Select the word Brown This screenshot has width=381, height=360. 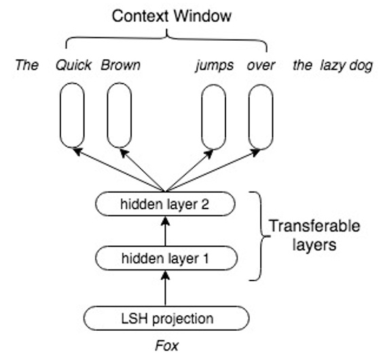121,66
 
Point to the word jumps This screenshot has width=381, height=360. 214,66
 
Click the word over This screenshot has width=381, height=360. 260,66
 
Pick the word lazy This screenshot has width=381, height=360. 328,66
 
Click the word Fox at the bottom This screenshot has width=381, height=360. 166,346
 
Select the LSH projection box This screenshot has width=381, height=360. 166,318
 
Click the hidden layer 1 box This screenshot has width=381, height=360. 166,258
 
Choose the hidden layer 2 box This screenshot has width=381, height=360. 166,203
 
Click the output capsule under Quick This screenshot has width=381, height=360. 72,115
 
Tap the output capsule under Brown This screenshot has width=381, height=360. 119,115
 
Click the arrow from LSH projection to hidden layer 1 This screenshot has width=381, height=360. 166,288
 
